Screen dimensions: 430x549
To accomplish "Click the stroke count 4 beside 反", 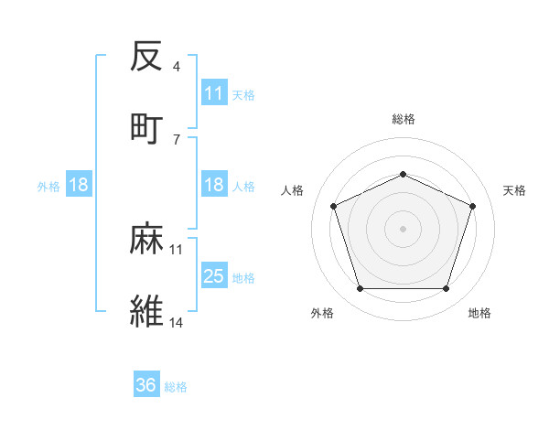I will [176, 67].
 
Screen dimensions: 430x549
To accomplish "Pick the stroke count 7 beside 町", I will [176, 139].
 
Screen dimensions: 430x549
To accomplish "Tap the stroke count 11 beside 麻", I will [177, 249].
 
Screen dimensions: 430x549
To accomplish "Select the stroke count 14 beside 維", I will [177, 322].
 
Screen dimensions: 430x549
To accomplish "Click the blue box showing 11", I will [214, 93].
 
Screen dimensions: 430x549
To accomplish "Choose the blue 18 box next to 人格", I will [214, 185].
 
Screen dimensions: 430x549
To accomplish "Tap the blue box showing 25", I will [214, 276].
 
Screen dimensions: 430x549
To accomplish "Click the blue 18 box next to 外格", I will [79, 185].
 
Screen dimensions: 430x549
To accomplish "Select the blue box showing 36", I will [146, 385].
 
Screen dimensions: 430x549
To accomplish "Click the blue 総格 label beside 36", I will [176, 387].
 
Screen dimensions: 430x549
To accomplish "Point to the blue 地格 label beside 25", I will [243, 277].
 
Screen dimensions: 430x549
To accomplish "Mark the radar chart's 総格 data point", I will [403, 173].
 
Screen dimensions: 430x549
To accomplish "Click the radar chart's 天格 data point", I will [473, 206].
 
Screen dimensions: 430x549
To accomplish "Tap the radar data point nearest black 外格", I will [360, 289].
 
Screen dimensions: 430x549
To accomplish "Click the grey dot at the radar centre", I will [403, 229].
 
